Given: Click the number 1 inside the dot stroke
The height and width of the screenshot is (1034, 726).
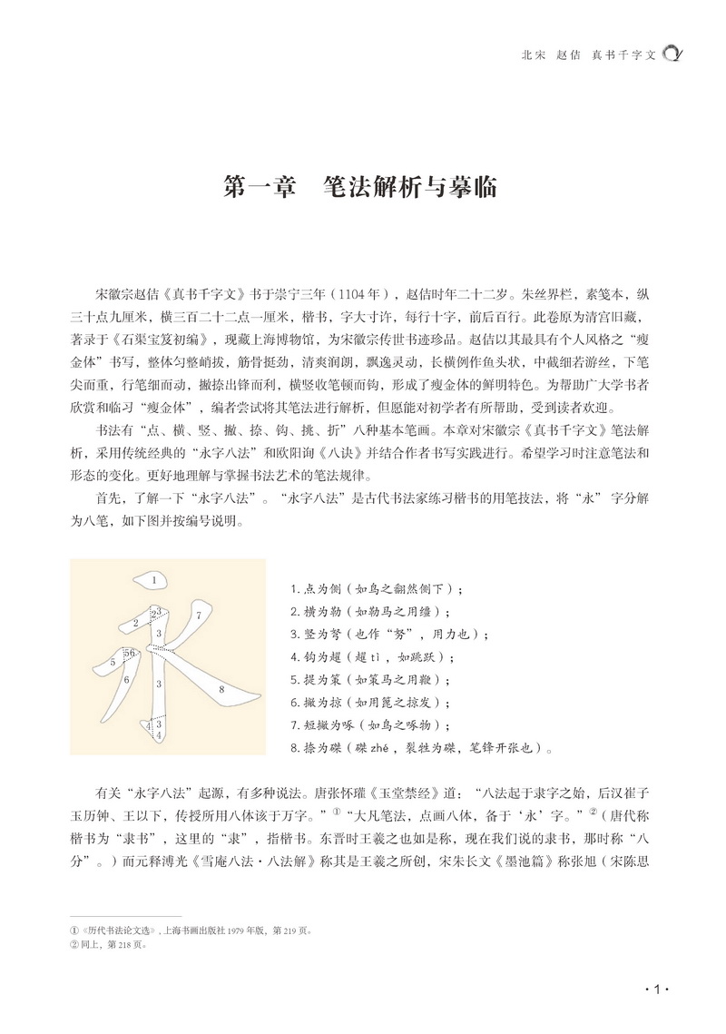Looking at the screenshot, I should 155,578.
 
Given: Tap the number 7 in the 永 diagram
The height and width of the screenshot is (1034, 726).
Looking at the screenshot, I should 198,615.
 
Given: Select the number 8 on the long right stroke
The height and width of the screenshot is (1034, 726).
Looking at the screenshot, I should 222,690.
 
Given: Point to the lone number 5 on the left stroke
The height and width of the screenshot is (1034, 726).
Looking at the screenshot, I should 113,663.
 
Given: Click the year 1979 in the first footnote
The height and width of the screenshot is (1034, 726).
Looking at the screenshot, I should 245,931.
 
